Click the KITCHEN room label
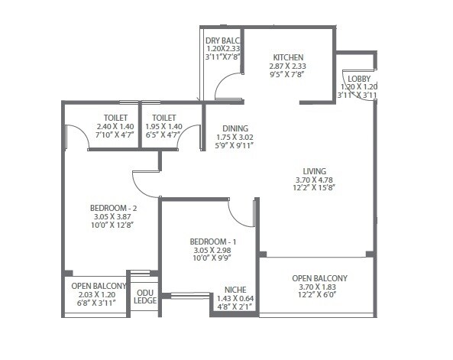click(288, 57)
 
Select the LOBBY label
click(358, 79)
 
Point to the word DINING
click(235, 128)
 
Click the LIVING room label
click(315, 170)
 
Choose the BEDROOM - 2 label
click(113, 207)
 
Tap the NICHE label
click(234, 290)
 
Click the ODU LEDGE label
click(145, 296)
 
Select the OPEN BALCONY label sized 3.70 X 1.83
click(319, 278)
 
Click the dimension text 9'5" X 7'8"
click(288, 76)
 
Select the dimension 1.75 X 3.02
click(234, 138)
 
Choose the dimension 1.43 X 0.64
click(234, 299)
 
